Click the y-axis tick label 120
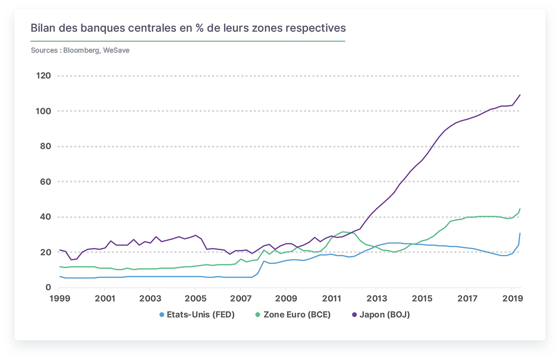point(43,75)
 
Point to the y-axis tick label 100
point(43,111)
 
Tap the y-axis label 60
point(46,182)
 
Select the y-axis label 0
point(48,287)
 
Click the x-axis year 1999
point(60,298)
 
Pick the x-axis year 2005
point(195,298)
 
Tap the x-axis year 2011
point(331,298)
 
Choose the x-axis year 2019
point(512,298)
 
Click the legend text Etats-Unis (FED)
point(201,314)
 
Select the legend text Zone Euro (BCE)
point(297,314)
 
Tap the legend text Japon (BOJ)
point(385,314)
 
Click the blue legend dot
point(162,315)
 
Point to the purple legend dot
point(354,315)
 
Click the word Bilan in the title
point(43,28)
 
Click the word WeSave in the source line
point(116,50)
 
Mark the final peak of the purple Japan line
point(520,95)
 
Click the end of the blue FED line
point(520,233)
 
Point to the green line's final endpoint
point(520,209)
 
